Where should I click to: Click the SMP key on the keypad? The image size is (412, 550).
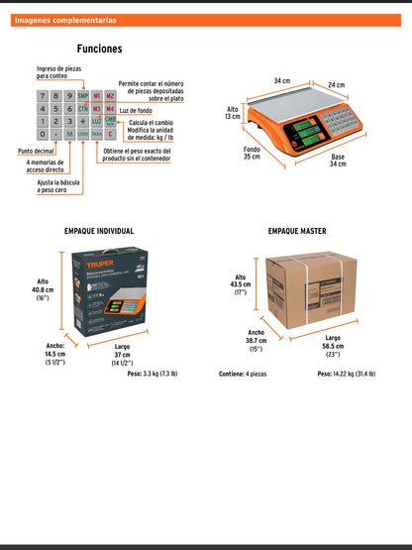click(83, 96)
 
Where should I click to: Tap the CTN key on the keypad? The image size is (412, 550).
click(83, 109)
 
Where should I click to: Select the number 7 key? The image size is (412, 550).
click(42, 96)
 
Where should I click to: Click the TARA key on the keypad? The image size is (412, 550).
click(97, 133)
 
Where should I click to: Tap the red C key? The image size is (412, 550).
click(111, 133)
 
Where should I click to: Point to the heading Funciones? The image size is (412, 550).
click(99, 49)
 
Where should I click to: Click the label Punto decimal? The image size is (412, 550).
click(35, 151)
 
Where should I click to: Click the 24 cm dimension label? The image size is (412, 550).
click(338, 85)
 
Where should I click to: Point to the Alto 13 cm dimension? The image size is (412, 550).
click(233, 113)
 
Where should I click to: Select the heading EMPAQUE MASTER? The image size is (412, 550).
click(297, 230)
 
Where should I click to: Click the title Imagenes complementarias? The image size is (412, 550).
click(65, 20)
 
